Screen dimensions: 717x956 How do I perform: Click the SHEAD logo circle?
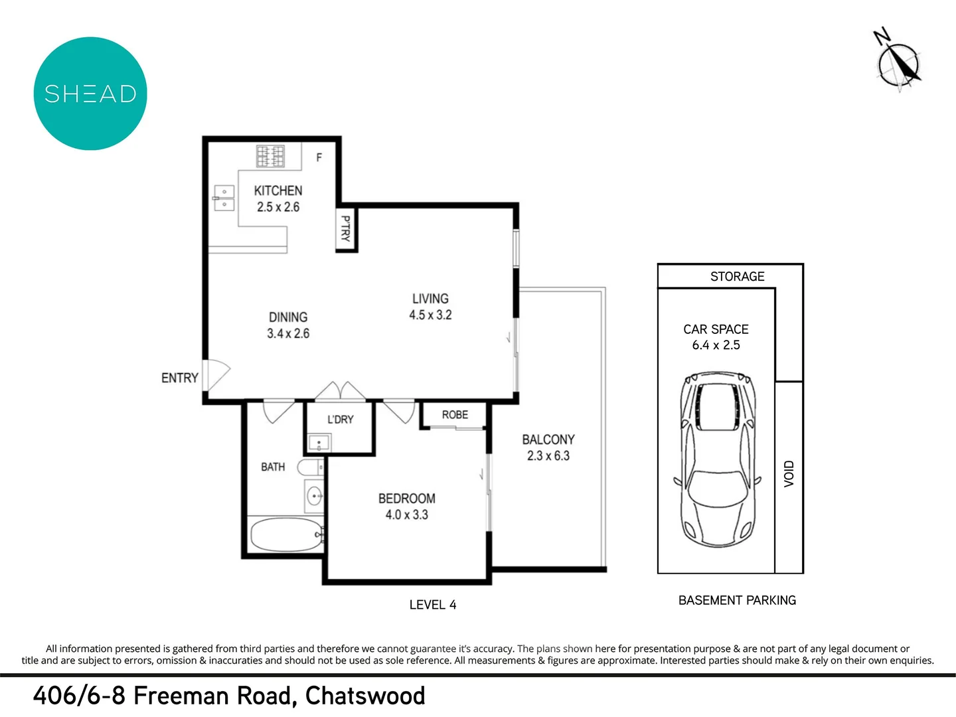[90, 94]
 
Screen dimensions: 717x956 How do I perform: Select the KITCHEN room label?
[278, 191]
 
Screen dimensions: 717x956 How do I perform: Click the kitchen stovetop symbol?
[270, 157]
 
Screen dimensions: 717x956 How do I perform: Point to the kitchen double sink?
[224, 198]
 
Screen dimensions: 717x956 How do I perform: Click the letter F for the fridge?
[319, 157]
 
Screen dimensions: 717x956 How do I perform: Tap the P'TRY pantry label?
[345, 228]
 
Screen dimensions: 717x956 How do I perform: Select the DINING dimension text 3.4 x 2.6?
[288, 333]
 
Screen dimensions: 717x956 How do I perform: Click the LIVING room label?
[430, 299]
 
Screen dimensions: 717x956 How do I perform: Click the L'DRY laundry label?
[340, 420]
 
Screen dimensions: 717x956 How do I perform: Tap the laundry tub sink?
[319, 443]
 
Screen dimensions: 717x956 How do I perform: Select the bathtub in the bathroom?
[285, 535]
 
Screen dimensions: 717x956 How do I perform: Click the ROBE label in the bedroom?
[455, 415]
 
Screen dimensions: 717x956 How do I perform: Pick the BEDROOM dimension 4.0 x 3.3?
[406, 515]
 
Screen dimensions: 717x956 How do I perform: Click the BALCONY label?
[548, 439]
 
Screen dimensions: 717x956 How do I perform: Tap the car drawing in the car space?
[716, 458]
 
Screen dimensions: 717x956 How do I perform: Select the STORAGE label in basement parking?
[737, 276]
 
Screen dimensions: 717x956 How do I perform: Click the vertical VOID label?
[789, 474]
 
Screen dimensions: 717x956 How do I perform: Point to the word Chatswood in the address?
[365, 696]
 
